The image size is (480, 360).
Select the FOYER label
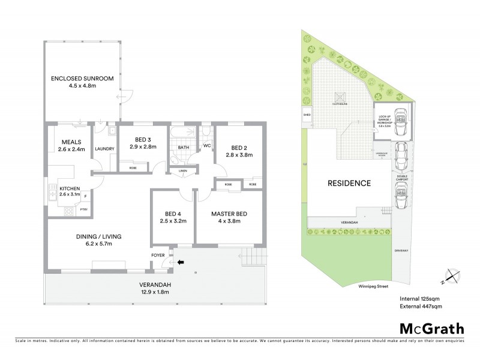158,255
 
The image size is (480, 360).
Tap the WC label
206,145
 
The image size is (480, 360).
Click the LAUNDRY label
104,148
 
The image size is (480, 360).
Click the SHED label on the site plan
307,113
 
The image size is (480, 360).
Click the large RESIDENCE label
349,183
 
